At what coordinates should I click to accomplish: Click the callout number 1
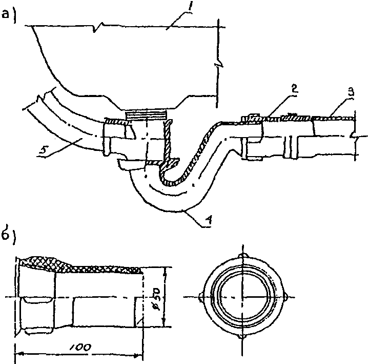pos(190,8)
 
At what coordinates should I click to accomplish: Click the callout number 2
pos(294,89)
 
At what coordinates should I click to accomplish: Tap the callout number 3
pos(351,92)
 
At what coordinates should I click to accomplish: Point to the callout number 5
pos(43,149)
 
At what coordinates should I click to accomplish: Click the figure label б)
pos(8,236)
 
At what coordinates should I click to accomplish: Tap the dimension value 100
pos(80,347)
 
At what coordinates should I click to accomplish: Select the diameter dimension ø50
pos(155,298)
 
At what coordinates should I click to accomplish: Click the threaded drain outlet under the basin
pos(146,116)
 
